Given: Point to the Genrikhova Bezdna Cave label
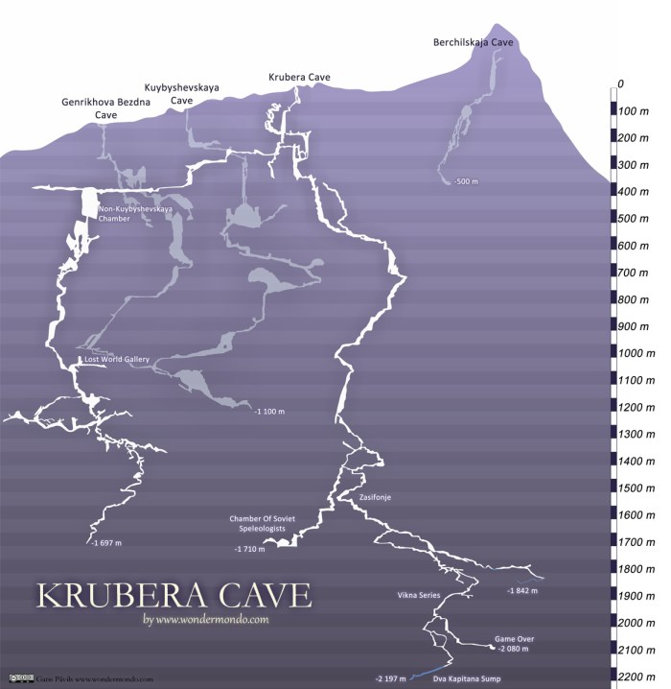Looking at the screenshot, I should coord(106,107).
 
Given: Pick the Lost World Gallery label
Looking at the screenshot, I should coord(117,360).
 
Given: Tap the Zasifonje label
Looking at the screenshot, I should coord(376,497).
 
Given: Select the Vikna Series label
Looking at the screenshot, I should coord(418,595).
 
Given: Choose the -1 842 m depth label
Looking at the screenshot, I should coord(524,590).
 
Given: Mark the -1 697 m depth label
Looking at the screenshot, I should coord(106,543).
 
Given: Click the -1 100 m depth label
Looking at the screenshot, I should coord(269,411).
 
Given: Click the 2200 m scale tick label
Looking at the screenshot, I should coord(637,677).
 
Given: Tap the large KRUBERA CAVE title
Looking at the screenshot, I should coord(174,594).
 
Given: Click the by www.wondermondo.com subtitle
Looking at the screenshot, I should coord(205,619).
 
